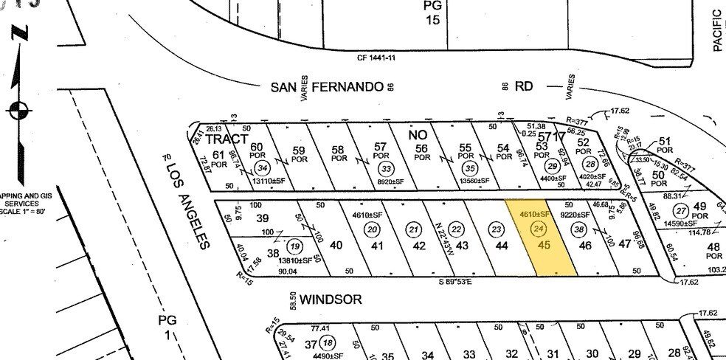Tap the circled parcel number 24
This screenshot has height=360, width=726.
point(537,229)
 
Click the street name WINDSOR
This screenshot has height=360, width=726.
point(330,300)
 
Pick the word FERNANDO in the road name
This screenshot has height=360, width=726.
point(348,87)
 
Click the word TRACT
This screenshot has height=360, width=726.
point(227,139)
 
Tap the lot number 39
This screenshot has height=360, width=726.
point(261,219)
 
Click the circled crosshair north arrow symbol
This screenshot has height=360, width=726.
point(18,111)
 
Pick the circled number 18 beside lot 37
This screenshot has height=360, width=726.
point(328,342)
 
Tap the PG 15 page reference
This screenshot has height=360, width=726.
point(432,13)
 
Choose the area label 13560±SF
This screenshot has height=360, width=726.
point(473,180)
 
